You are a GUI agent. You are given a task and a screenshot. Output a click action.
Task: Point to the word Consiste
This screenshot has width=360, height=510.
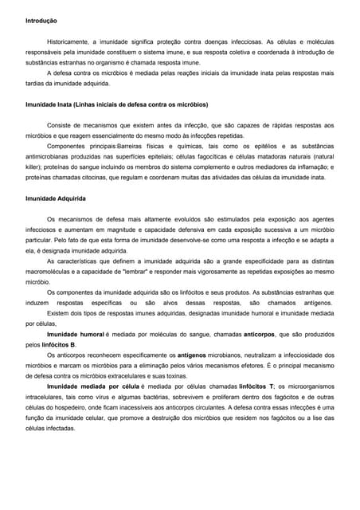(x=61, y=125)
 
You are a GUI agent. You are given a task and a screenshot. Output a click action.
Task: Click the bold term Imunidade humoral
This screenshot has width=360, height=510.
(x=76, y=335)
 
